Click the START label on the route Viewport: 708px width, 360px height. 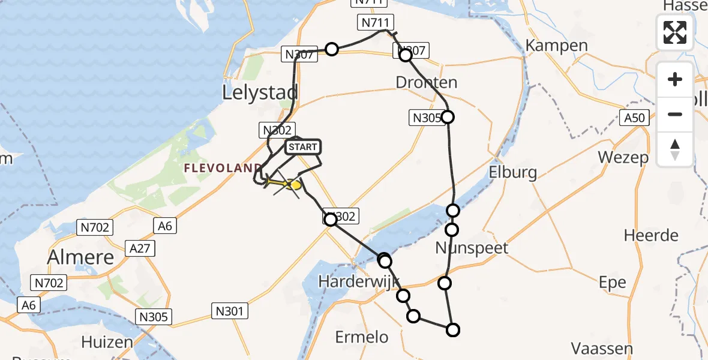click(304, 147)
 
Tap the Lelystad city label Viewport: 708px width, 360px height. click(260, 92)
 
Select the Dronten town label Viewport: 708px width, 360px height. click(426, 82)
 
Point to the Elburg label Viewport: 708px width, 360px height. click(513, 173)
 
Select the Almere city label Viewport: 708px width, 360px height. click(81, 257)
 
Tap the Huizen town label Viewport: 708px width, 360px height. click(107, 342)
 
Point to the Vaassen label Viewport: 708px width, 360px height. click(601, 348)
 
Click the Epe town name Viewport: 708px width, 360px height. click(613, 282)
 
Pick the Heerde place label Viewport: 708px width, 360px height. click(651, 235)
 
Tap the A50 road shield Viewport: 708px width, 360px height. click(634, 118)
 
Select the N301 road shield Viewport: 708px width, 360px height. click(230, 310)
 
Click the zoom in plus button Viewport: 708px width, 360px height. click(675, 79)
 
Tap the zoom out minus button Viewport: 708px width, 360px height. click(675, 114)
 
